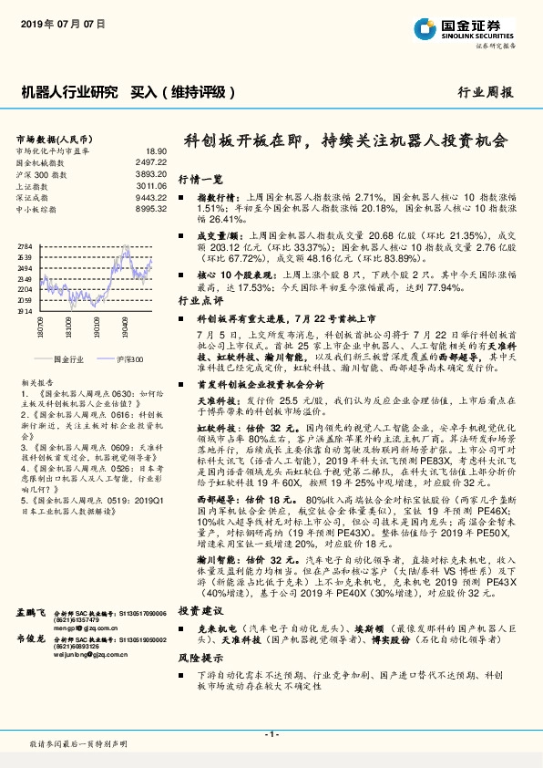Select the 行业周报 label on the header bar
pos(485,92)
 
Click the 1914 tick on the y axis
pos(25,311)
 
